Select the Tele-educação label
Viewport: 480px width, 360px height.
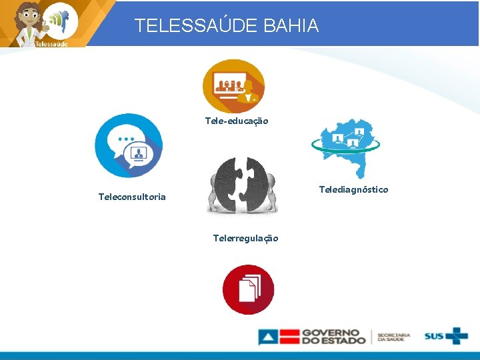pos(236,121)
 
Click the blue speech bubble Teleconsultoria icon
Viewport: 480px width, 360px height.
pos(129,145)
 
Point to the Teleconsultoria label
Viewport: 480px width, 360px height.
pos(132,197)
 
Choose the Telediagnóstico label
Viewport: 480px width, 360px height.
pos(353,190)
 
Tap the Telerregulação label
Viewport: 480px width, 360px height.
pos(245,238)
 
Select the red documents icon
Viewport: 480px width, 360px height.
pos(248,289)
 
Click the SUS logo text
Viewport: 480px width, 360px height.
pos(435,336)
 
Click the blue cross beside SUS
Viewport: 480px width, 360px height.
pos(457,335)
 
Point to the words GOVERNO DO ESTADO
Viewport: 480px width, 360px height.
pos(333,336)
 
